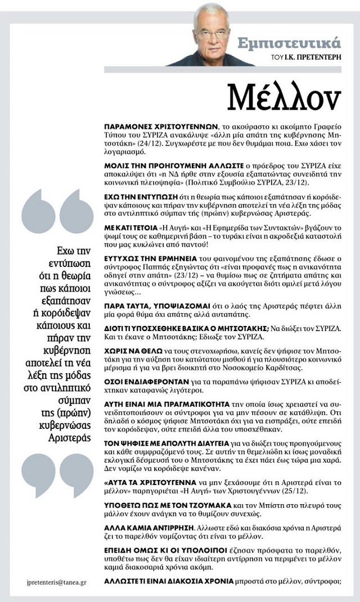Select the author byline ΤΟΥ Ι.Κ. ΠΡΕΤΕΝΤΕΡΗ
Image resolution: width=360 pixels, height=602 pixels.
pyautogui.click(x=309, y=57)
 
